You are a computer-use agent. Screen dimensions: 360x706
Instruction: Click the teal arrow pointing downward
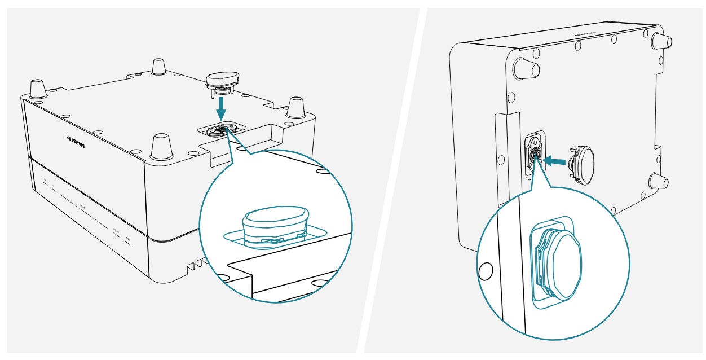(222, 105)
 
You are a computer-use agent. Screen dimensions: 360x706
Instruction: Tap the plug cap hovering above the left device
(223, 81)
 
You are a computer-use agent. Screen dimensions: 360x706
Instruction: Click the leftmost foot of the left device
(38, 89)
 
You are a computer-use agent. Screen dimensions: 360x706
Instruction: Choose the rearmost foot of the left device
(158, 66)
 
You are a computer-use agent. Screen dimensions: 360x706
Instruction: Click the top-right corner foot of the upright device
(661, 41)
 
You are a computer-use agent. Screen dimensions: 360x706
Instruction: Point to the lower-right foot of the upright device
(659, 182)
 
